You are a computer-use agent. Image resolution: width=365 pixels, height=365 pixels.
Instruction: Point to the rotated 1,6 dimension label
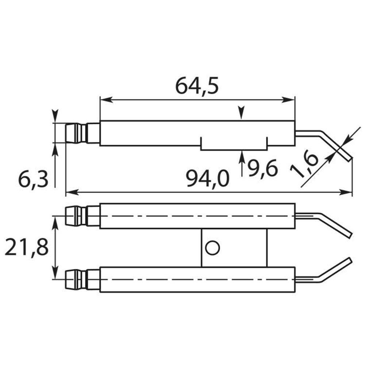304,165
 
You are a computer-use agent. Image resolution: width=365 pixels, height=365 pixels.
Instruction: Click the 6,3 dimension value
33,180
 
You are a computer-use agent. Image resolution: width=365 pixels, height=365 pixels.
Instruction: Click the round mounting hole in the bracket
212,248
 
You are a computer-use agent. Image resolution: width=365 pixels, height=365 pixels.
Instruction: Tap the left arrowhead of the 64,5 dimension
104,99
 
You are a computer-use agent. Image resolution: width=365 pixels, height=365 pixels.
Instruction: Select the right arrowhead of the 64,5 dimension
290,99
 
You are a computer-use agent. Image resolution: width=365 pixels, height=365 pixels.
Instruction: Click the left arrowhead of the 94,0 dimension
70,192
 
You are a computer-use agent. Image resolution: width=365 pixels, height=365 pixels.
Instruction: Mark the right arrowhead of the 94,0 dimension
347,192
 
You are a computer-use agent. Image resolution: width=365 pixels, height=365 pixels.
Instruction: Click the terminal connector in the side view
82,133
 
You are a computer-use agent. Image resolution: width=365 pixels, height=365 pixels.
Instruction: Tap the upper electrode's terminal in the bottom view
82,216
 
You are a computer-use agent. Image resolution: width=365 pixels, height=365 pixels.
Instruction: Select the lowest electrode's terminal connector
82,280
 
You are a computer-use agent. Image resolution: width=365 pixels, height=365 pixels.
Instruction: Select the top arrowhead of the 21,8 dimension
55,220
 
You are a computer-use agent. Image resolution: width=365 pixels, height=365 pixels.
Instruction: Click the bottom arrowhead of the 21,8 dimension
55,275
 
